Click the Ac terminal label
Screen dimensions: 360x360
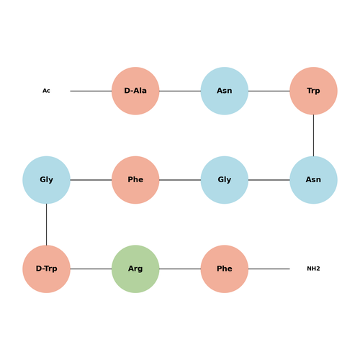46,91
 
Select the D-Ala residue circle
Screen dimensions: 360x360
135,91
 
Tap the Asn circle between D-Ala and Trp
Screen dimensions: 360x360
225,91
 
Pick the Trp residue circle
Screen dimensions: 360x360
313,91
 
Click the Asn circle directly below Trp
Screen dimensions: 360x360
313,180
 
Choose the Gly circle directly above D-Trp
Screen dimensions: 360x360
46,180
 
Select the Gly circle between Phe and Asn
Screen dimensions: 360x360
225,180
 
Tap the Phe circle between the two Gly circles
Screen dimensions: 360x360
135,180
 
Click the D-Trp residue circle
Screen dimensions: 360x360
46,269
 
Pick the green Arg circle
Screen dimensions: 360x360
135,269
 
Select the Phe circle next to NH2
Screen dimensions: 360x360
225,269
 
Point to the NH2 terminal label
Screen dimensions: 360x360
313,269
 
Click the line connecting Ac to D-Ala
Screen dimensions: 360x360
91,91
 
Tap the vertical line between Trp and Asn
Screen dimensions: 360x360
313,135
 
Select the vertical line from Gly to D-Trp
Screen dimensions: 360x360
46,225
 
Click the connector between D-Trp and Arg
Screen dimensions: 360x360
91,269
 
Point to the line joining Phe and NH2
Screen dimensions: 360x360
269,269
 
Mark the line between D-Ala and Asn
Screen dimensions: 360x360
180,91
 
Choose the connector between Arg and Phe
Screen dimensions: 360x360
180,269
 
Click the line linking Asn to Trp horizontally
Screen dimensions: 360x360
269,91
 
